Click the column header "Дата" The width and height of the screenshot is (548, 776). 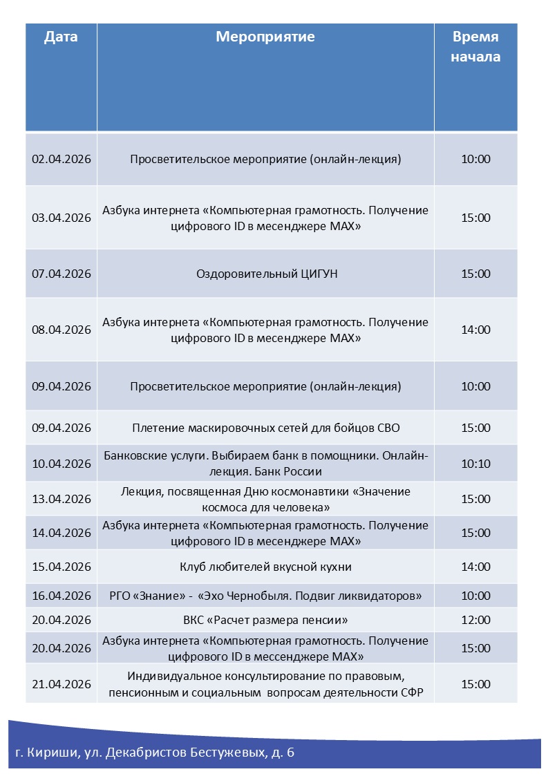pos(61,37)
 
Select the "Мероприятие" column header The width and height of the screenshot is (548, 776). pos(265,37)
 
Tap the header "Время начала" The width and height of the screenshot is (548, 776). pos(475,46)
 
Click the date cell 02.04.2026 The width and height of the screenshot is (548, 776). pos(62,159)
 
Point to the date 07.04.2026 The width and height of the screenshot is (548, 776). pos(62,274)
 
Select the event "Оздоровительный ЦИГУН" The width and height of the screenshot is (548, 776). pos(267,274)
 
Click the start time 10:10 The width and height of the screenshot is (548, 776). pos(475,463)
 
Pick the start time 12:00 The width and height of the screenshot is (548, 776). pos(475,620)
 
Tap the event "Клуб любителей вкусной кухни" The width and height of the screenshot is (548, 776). pos(265,567)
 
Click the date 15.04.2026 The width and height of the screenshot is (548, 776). pos(62,567)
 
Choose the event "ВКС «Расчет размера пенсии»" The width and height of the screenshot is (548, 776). pos(265,620)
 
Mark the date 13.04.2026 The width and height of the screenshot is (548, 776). pos(62,499)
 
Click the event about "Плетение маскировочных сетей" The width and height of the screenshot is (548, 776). pos(265,428)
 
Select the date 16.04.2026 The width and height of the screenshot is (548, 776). pos(62,596)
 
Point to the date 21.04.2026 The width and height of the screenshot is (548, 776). pos(62,684)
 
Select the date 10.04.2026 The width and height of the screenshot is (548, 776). pos(62,463)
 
